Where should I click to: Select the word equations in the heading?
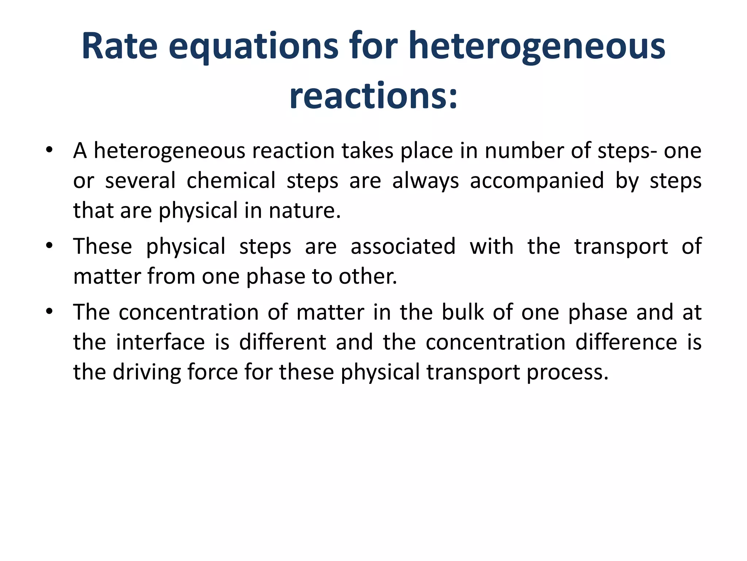point(253,46)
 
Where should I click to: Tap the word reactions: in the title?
point(373,96)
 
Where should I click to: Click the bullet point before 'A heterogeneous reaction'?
point(50,150)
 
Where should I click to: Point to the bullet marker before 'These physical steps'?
point(50,246)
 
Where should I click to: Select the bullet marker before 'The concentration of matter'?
point(50,312)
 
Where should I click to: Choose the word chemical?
point(231,180)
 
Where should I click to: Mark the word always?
point(426,180)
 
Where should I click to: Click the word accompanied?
point(537,180)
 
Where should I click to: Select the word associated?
point(403,246)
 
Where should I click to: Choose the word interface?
point(160,342)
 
